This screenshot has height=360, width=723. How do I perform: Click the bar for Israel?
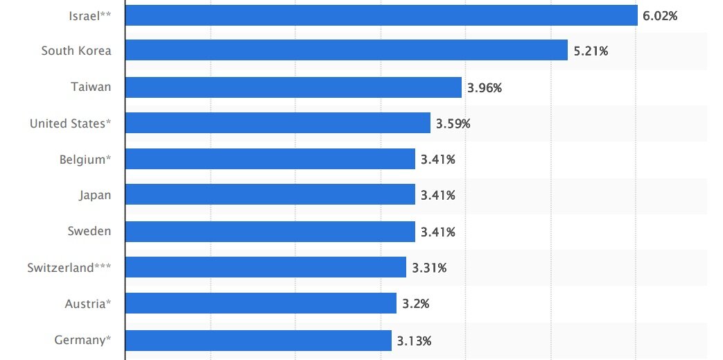tap(381, 15)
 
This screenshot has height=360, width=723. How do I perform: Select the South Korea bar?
tap(347, 51)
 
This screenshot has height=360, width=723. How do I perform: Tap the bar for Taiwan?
tap(293, 87)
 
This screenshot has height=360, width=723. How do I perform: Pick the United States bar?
tap(278, 123)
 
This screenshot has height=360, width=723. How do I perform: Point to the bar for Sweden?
tap(270, 232)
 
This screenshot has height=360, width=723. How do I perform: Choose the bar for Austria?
tap(261, 304)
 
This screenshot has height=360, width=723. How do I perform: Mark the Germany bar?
tap(259, 341)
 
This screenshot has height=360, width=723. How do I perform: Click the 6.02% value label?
tap(660, 15)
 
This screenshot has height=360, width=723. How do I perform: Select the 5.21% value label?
tap(591, 51)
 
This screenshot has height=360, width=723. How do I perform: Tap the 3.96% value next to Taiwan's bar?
tap(484, 87)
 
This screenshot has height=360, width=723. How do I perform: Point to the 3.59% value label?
tap(453, 124)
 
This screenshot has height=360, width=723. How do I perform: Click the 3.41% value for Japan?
tap(438, 196)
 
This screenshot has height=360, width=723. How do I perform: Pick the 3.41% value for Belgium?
tap(438, 160)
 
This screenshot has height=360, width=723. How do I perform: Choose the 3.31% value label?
tap(429, 268)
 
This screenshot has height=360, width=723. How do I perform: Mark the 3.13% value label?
tap(415, 341)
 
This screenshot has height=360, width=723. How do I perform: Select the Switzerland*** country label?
tap(69, 268)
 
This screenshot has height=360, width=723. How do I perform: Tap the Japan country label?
tap(95, 196)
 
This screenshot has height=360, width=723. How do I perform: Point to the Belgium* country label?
tap(85, 160)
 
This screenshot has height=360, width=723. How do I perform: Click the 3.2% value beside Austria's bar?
tap(415, 304)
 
